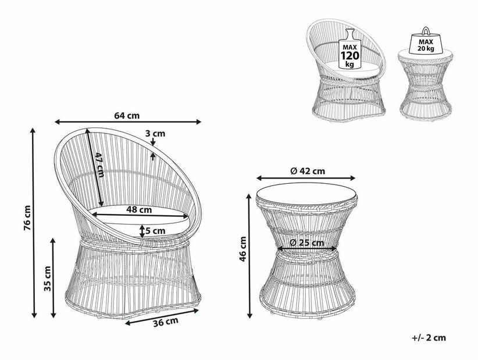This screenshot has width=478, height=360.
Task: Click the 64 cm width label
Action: [127, 116]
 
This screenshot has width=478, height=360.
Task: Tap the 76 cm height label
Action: [27, 218]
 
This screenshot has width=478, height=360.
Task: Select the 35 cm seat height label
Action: [48, 279]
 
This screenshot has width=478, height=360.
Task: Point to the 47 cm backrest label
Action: [99, 165]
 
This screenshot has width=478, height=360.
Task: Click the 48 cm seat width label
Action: [139, 210]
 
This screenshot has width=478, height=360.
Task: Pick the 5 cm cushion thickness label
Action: [155, 231]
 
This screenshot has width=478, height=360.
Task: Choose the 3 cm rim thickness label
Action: [155, 134]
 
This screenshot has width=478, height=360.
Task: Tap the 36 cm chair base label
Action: [166, 322]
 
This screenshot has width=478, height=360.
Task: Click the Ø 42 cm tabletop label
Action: [307, 171]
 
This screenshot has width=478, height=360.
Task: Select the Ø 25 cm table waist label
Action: [306, 243]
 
